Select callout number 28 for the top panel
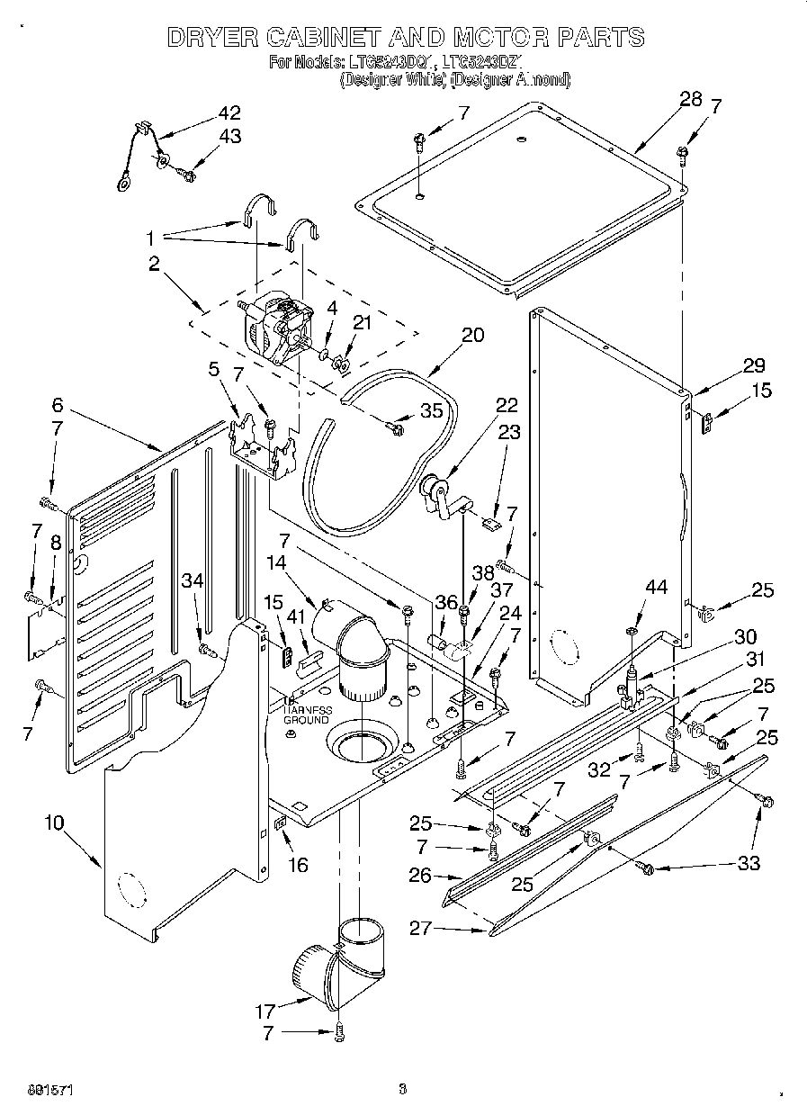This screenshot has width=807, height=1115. [x=690, y=100]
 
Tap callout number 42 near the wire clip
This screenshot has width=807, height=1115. [x=229, y=114]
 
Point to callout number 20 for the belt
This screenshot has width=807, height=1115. [x=472, y=336]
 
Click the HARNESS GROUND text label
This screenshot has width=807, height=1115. [x=309, y=715]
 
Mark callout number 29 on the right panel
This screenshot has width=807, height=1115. [x=753, y=365]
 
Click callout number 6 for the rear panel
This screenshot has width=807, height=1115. [x=58, y=406]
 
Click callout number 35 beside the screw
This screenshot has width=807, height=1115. [x=431, y=412]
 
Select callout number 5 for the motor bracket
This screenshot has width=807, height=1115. [x=214, y=369]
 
